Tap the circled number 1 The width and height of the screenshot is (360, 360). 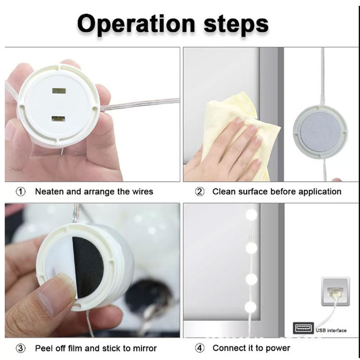[x=21, y=192]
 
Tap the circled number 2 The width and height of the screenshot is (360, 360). [x=200, y=192]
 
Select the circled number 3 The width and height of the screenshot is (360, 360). [x=21, y=348]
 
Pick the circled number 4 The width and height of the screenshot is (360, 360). [x=200, y=348]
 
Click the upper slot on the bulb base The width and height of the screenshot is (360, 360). [x=59, y=91]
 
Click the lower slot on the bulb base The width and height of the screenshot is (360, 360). [x=58, y=119]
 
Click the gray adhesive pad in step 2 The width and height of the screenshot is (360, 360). [x=320, y=132]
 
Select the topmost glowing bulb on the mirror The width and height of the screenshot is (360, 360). [x=252, y=215]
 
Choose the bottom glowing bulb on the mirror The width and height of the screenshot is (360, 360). [x=250, y=307]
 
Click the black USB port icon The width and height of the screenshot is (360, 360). [x=303, y=328]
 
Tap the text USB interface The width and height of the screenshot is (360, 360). [x=331, y=330]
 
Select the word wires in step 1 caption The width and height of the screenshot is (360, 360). [x=142, y=192]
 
